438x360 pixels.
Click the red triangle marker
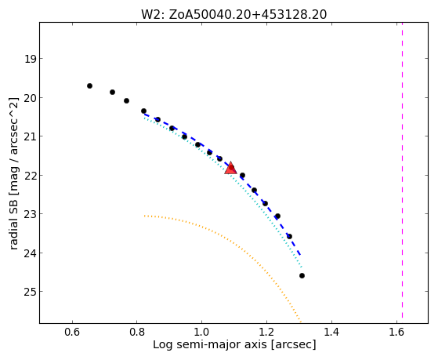pos(230,168)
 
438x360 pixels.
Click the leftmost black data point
pos(89,85)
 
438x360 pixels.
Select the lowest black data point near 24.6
pos(302,276)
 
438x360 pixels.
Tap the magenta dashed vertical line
pos(402,171)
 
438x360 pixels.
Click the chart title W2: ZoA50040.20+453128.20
pos(233,15)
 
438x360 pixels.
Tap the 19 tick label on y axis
pos(30,59)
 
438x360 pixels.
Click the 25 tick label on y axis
pos(30,292)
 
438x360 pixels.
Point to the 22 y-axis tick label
pos(30,176)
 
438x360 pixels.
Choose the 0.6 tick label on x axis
pos(72,332)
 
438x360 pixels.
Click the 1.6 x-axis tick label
pos(396,332)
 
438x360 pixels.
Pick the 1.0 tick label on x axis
pos(202,332)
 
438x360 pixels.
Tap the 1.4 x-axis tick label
pos(331,332)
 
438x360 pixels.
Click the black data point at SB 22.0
pos(242,176)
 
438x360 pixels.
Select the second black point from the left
pos(112,93)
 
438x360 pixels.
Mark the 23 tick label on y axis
pos(30,214)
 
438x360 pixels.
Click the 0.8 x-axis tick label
pos(137,332)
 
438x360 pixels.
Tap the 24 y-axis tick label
pos(30,253)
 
